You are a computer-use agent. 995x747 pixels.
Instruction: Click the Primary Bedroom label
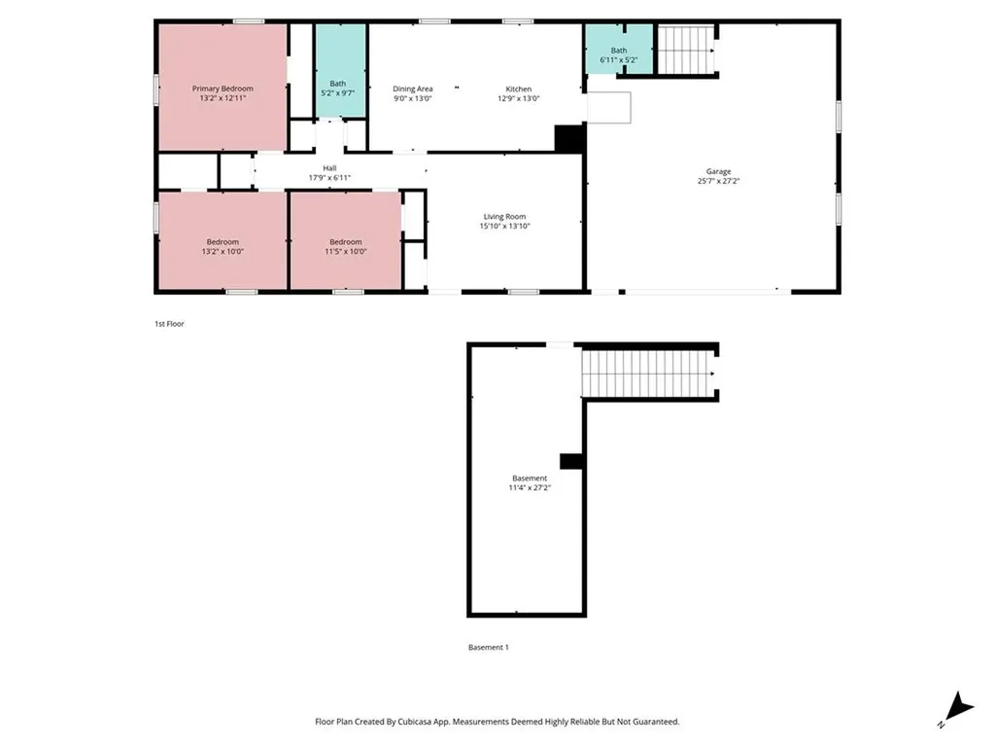tap(223, 89)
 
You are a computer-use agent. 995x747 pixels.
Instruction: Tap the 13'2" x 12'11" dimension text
tap(223, 98)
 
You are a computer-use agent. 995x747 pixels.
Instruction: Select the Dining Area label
tap(413, 89)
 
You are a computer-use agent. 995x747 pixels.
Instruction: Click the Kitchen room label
tap(518, 89)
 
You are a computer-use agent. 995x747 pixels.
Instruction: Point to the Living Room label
tap(504, 217)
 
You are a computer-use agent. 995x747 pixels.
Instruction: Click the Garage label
tap(719, 171)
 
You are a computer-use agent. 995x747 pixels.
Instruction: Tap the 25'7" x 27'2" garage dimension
tap(719, 181)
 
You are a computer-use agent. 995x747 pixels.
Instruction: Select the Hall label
tap(328, 168)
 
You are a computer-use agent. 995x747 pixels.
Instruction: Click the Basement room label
tap(530, 479)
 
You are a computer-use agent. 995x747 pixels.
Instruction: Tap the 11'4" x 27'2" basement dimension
tap(530, 488)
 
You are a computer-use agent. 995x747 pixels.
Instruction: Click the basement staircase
tap(647, 373)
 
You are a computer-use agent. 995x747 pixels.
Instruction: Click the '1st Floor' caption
tap(168, 324)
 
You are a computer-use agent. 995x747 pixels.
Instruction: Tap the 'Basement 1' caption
tap(489, 647)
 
